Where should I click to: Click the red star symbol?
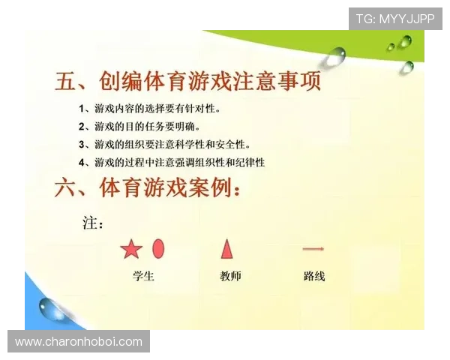[131, 249]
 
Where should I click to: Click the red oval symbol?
[158, 248]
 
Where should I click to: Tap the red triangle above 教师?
[226, 248]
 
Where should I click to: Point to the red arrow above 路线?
[313, 248]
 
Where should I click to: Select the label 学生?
[143, 276]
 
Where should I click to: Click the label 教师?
[230, 276]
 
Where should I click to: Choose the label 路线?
[314, 276]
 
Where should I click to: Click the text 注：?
[93, 223]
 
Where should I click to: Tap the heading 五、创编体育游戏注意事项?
[188, 81]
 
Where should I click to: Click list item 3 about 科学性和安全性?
[165, 144]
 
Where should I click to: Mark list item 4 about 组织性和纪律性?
[172, 162]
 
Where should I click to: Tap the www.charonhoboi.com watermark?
[79, 342]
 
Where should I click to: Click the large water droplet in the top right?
[337, 55]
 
